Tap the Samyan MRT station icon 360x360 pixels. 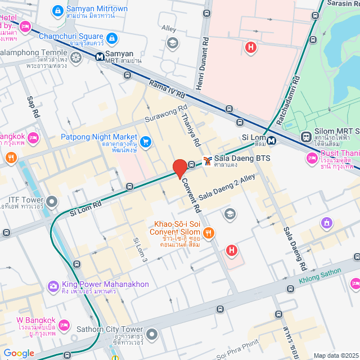coord(99,56)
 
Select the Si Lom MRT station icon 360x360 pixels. coord(272,140)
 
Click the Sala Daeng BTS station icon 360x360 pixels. coord(208,161)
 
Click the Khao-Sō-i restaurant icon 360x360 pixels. coord(209,232)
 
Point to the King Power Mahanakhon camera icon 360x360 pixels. coord(53,287)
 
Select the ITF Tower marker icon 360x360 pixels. coord(52,201)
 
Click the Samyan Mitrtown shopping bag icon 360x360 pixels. coord(57,10)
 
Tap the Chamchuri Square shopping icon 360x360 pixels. coord(112,38)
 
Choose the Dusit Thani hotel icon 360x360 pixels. coord(312,159)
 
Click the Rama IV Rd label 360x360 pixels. coord(167,91)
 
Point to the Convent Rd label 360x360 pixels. coord(190,195)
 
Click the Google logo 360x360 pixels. coord(19,353)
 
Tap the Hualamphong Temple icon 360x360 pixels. coord(76,56)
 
